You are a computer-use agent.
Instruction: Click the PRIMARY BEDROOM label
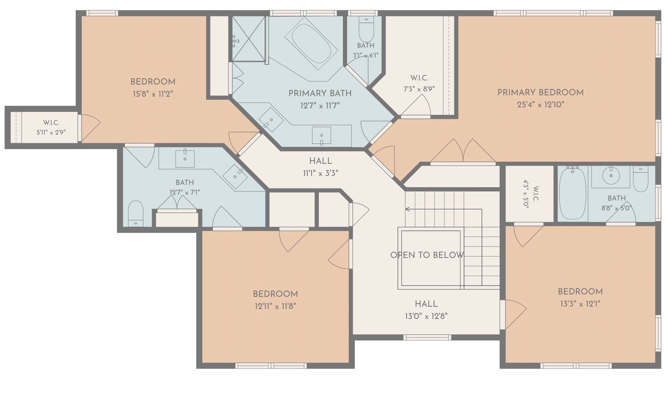pos(540,92)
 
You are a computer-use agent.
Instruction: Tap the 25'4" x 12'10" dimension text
pos(540,104)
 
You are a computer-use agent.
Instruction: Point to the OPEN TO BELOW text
pos(427,255)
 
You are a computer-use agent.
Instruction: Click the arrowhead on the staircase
pos(407,209)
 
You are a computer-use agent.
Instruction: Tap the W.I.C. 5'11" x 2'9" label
pos(51,127)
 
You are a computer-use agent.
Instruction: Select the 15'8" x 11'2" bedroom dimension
pos(153,94)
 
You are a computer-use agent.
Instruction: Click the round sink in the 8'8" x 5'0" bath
pos(611,176)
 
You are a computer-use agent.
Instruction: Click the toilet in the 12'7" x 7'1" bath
pos(136,214)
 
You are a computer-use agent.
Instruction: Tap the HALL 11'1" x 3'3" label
pos(321,167)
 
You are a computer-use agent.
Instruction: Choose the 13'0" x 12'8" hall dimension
pos(426,316)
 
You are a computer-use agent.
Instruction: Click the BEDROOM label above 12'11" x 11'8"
pos(275,294)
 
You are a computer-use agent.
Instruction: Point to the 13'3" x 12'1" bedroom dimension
pos(580,304)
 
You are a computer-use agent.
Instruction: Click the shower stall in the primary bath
pos(249,39)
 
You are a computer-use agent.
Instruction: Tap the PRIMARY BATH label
pos(320,93)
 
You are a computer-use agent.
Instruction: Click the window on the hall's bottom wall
pos(427,337)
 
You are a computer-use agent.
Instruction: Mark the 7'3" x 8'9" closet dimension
pos(419,89)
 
